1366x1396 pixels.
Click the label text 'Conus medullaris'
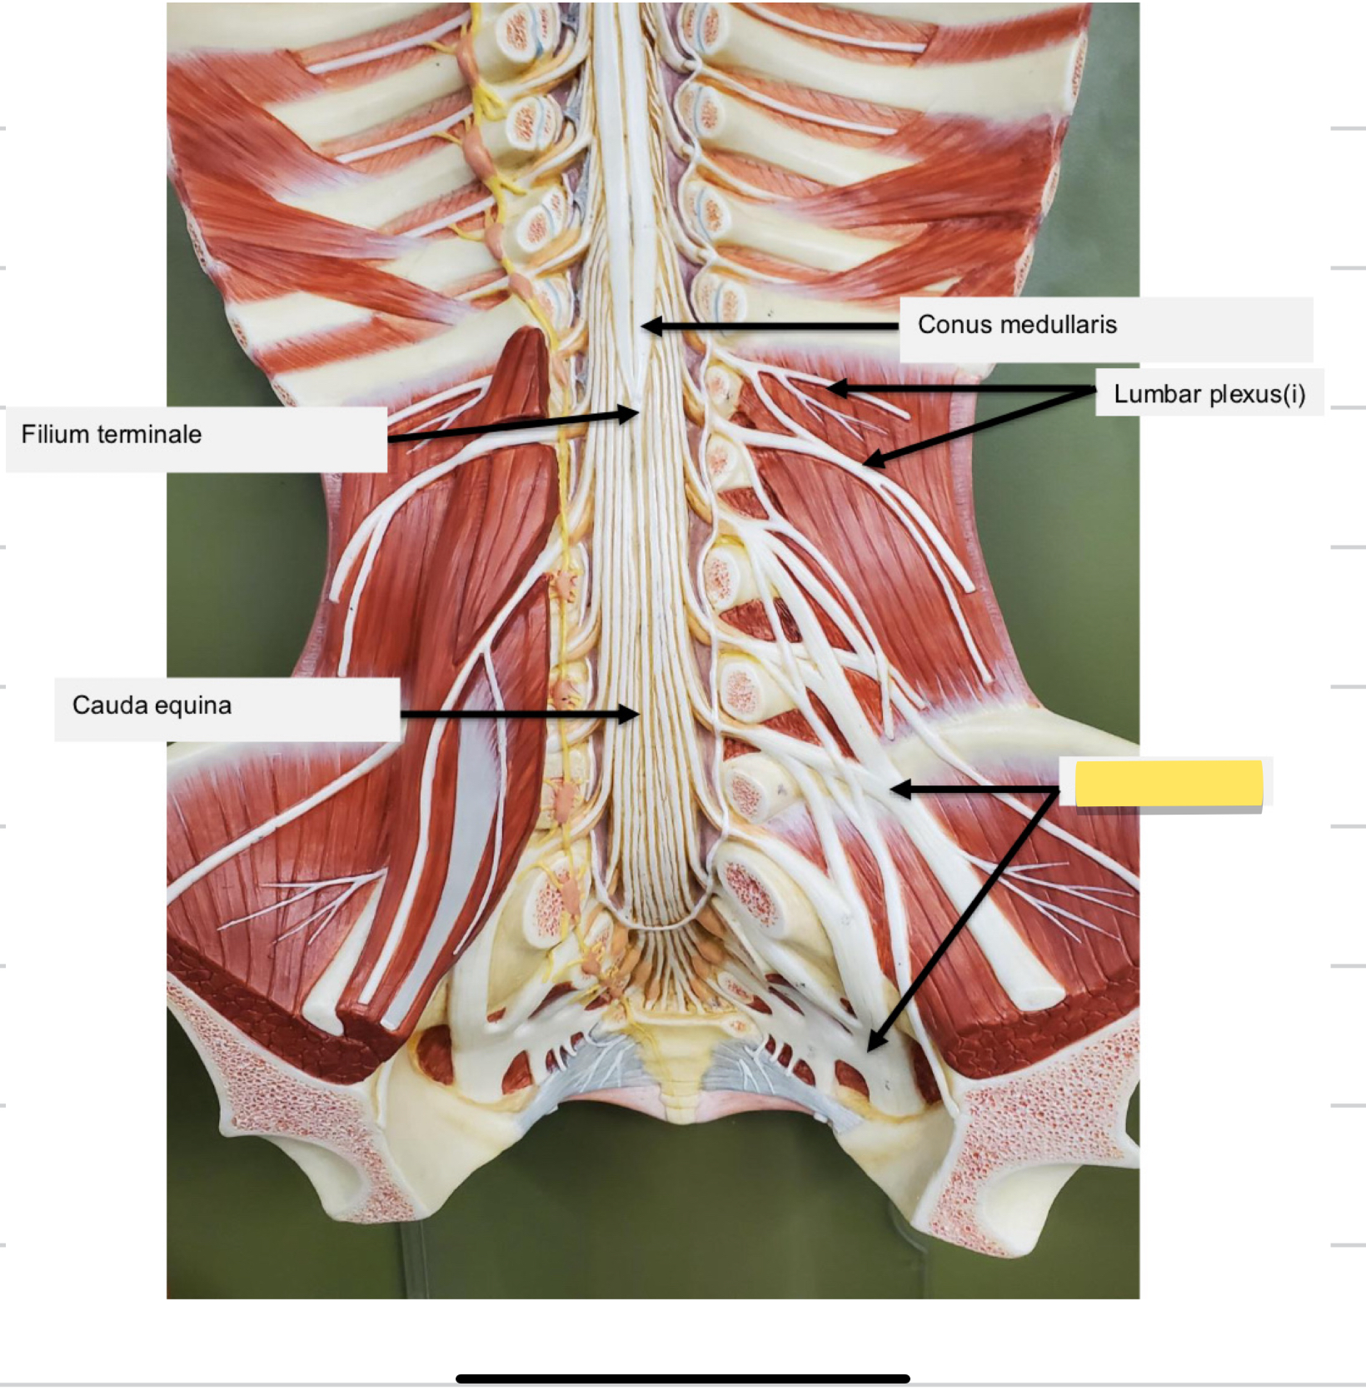[x=1017, y=325]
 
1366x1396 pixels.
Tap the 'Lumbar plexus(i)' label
[x=1209, y=394]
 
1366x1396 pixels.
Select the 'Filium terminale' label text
[x=112, y=434]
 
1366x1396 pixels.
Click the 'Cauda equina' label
[x=152, y=705]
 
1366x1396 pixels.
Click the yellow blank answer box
[x=1169, y=783]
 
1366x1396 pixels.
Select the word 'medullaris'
[x=1062, y=325]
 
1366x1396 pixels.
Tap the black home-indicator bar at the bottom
[x=682, y=1379]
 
